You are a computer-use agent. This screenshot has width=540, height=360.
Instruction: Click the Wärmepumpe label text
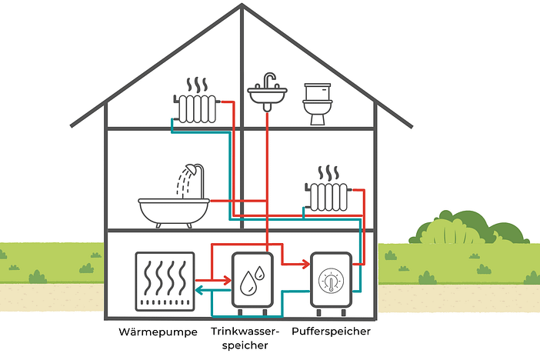162,332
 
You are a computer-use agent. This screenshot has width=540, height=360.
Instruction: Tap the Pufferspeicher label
331,332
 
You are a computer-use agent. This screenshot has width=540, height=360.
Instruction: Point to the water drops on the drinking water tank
251,282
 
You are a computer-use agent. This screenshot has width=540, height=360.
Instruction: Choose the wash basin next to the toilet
267,95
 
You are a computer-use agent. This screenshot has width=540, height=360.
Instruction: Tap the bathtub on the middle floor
173,209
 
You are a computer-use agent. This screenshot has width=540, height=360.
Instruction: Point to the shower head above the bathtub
197,168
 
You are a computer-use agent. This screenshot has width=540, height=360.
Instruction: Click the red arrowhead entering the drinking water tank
228,282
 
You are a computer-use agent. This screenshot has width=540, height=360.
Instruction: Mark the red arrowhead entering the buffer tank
305,265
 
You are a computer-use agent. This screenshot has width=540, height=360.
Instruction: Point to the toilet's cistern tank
317,91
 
